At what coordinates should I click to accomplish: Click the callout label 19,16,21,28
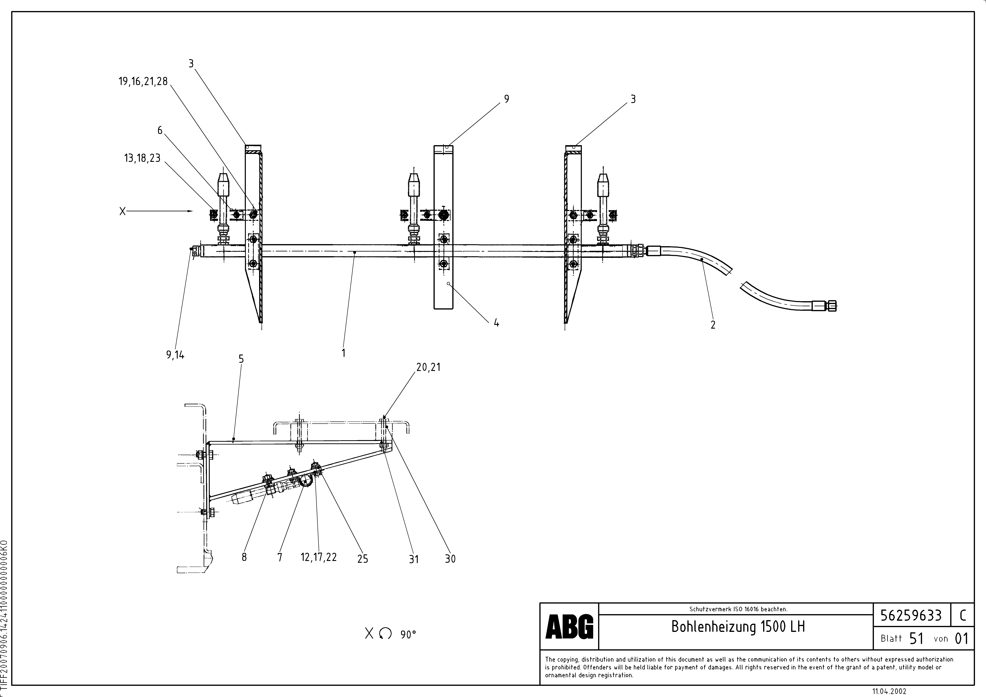(143, 82)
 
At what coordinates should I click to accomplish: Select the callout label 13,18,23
(142, 158)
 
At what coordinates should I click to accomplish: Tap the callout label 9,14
(175, 355)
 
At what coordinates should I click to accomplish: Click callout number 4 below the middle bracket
(496, 323)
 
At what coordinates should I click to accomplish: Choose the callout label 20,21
(428, 367)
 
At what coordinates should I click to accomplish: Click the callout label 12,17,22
(319, 557)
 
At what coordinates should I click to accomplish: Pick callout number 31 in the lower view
(414, 559)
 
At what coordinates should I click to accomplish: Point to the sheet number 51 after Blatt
(916, 639)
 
